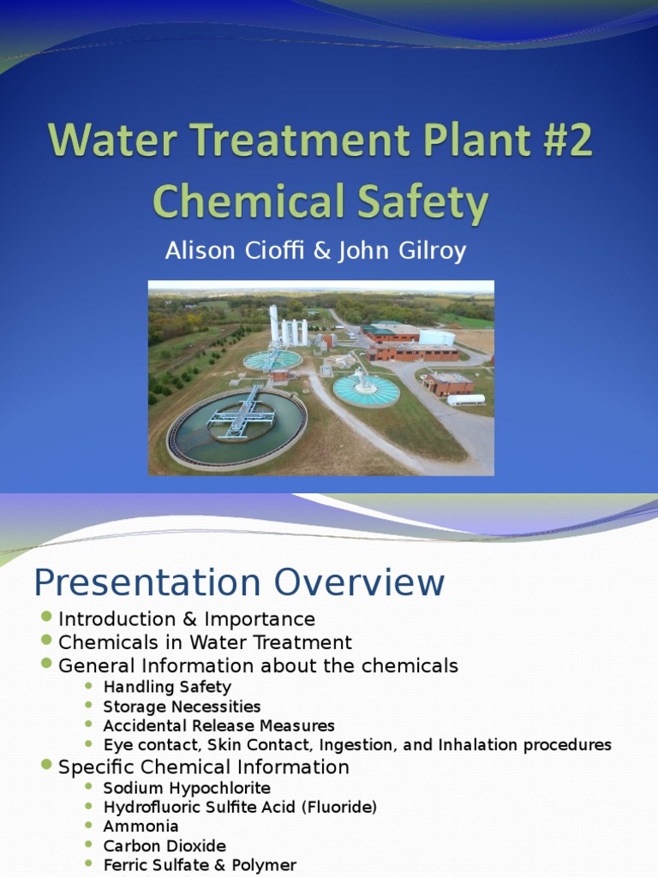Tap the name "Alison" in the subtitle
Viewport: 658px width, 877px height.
201,252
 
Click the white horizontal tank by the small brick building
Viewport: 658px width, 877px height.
465,399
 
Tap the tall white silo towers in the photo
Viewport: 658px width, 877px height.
288,328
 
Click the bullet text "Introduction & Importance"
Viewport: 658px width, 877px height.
187,618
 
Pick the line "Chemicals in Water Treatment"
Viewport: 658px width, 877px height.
205,641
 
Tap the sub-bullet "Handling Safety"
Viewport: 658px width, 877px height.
167,687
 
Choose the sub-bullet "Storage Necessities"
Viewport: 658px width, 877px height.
182,707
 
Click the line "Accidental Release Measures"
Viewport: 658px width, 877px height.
218,726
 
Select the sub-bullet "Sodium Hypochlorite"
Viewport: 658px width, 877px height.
187,788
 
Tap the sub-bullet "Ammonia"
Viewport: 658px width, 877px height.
141,826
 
